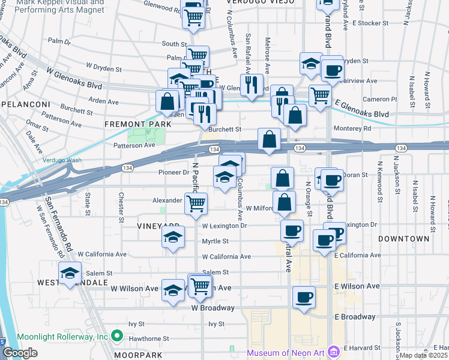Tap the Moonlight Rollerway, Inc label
62,337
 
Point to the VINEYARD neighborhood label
142,226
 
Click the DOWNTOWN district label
403,239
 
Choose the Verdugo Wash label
61,160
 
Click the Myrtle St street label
215,241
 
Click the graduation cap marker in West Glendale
70,274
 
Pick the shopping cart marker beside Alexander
196,204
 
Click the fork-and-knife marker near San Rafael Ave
251,84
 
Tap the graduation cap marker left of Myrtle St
173,238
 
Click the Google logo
20,353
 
